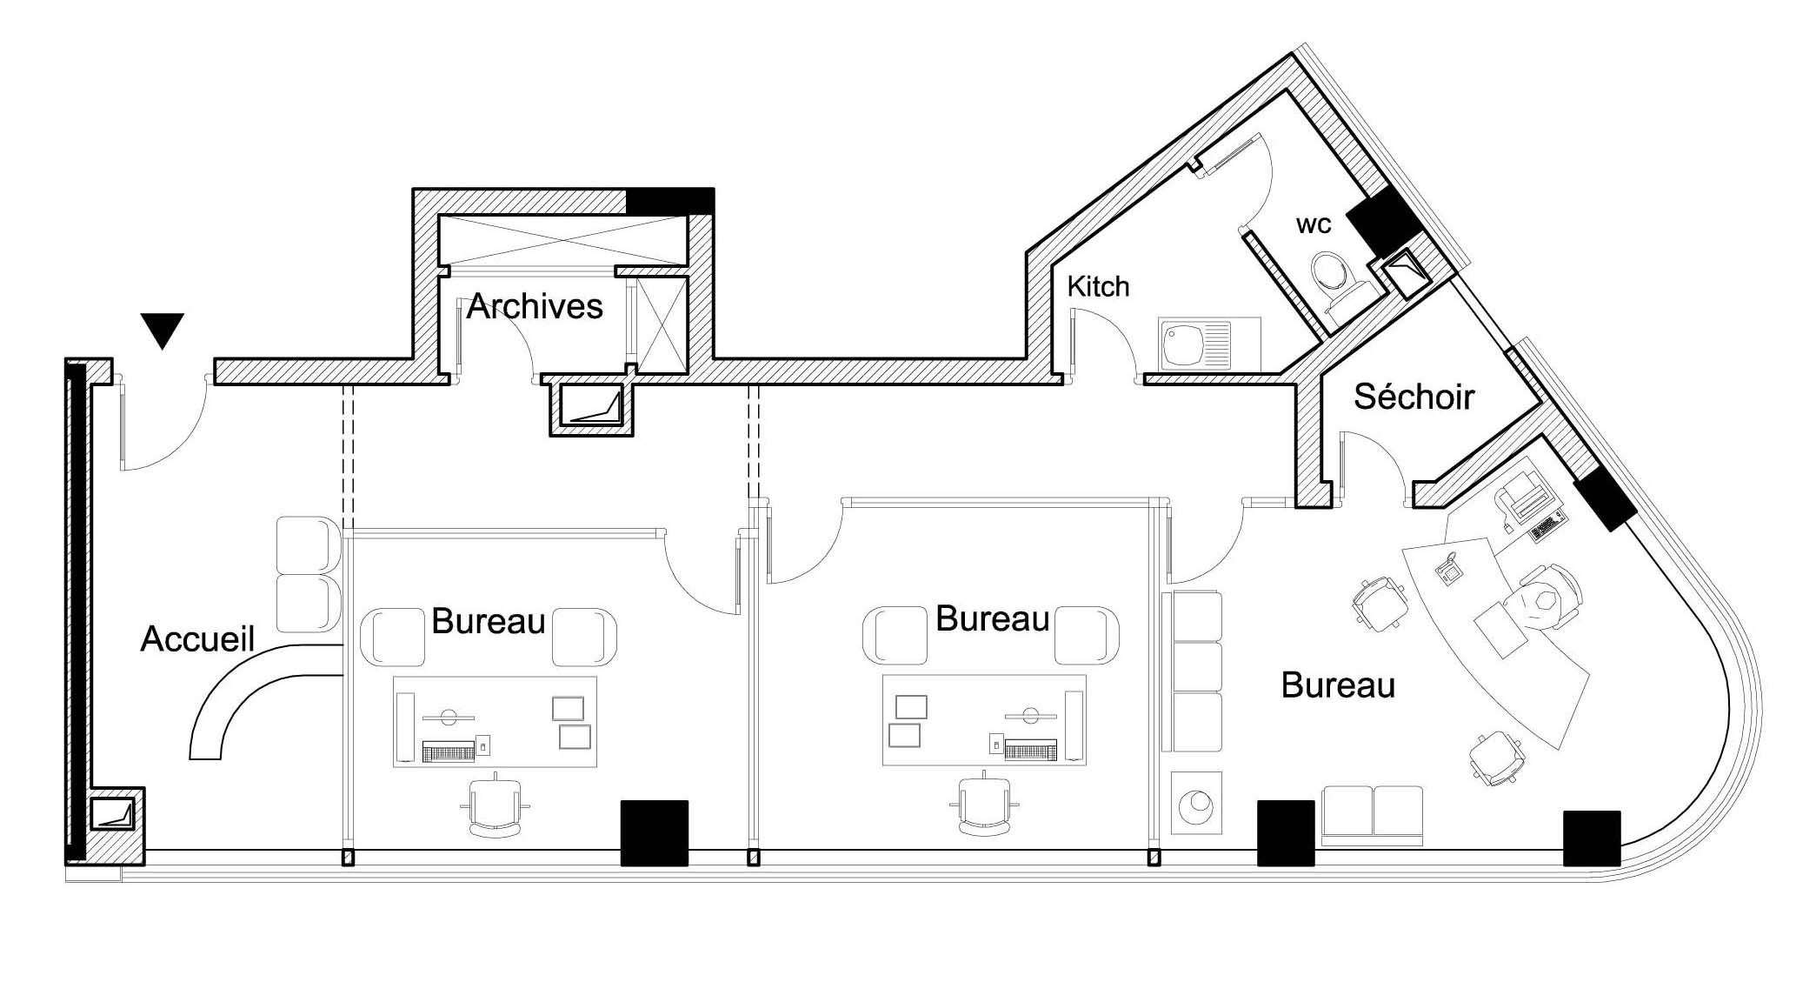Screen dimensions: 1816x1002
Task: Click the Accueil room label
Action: pyautogui.click(x=197, y=639)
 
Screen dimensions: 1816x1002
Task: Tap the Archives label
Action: pyautogui.click(x=535, y=306)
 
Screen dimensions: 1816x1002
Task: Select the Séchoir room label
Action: pyautogui.click(x=1414, y=397)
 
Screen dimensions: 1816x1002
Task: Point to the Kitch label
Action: pyautogui.click(x=1098, y=286)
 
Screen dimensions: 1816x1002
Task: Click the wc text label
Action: pyautogui.click(x=1314, y=224)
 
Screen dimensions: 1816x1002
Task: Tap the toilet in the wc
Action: pyautogui.click(x=1336, y=281)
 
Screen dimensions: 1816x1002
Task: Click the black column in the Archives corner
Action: pyautogui.click(x=670, y=201)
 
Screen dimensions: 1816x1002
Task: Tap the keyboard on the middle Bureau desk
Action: pyautogui.click(x=1030, y=749)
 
